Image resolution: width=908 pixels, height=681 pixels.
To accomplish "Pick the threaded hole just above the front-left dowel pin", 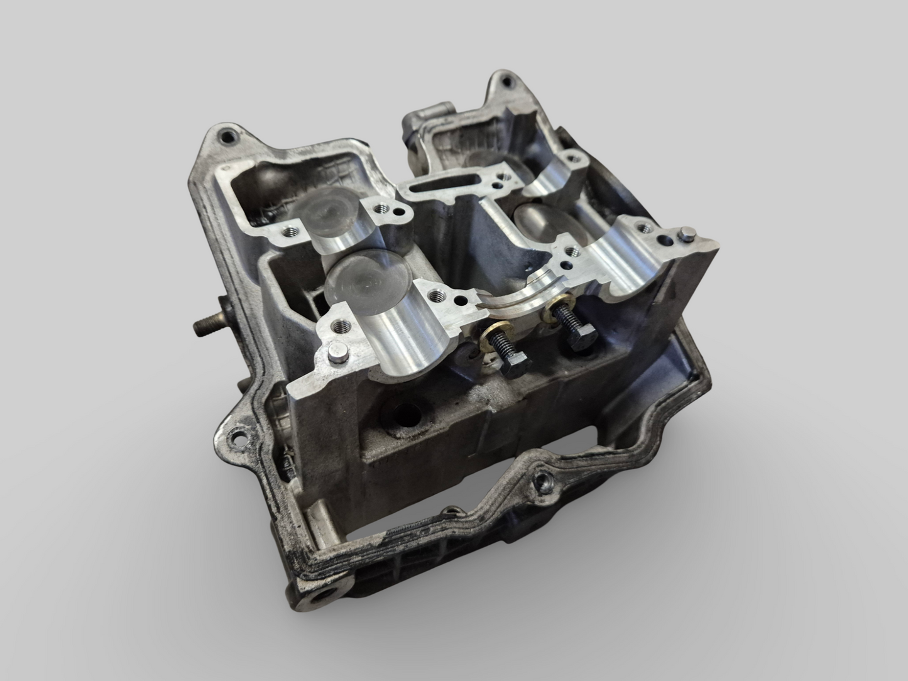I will [x=343, y=326].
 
